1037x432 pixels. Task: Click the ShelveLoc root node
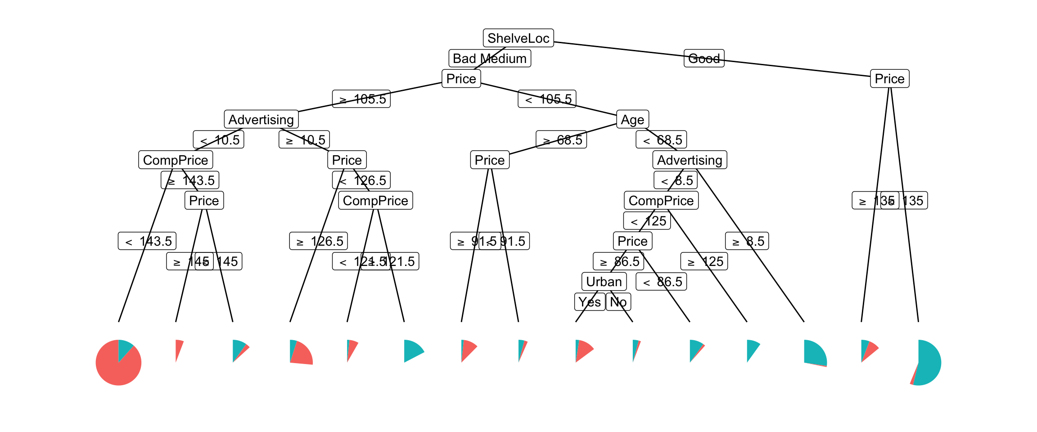[x=518, y=38]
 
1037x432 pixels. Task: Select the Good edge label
[x=704, y=58]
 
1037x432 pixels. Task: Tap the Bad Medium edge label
[x=490, y=58]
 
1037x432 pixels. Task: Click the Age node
[x=632, y=119]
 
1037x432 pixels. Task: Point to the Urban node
[x=604, y=282]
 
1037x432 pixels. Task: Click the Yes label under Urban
[x=589, y=302]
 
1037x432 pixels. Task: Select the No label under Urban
[x=618, y=302]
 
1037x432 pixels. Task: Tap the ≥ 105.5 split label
[x=361, y=99]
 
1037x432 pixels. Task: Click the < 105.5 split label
[x=547, y=99]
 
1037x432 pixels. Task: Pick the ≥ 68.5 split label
[x=561, y=140]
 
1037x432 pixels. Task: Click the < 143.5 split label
[x=147, y=241]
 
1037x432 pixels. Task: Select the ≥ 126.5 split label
[x=318, y=241]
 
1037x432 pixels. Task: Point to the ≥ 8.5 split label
[x=747, y=241]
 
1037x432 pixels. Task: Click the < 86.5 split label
[x=661, y=282]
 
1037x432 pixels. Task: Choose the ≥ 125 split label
[x=704, y=261]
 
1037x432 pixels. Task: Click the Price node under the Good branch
[x=889, y=79]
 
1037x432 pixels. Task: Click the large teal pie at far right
[x=923, y=363]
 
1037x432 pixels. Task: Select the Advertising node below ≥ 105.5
[x=261, y=119]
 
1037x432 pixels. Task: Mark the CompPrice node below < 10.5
[x=176, y=160]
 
